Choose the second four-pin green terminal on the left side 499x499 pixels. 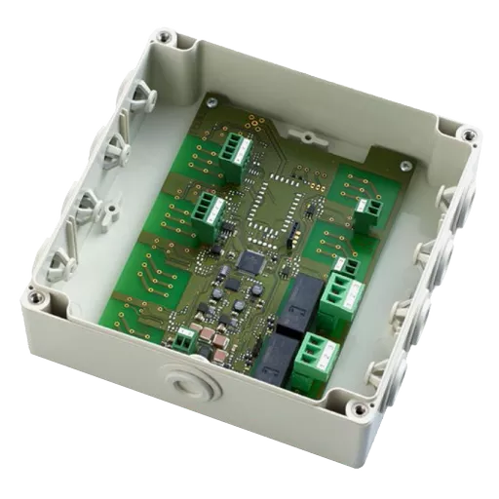(x=208, y=207)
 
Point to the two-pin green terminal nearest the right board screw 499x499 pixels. (x=368, y=210)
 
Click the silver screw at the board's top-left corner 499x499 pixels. (x=211, y=101)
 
